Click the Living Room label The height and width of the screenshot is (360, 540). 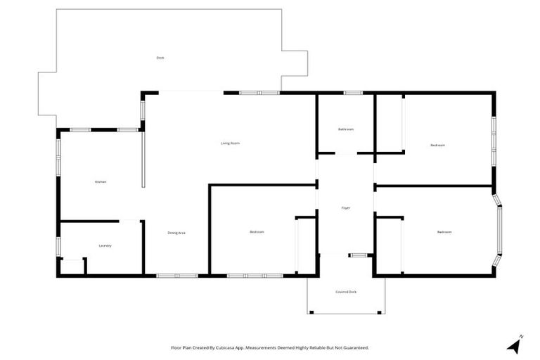coord(231,143)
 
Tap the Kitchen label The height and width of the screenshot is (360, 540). coord(101,182)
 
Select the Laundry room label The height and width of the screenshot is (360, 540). coord(105,245)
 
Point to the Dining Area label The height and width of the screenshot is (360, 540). coord(176,233)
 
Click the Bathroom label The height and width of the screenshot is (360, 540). coord(345,129)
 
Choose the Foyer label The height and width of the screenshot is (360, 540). coord(345,208)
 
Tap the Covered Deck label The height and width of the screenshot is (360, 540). coord(345,291)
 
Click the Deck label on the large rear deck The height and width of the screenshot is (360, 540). coord(160,57)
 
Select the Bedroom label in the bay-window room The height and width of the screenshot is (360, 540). coord(444,232)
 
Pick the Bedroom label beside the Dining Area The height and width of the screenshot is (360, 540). coord(257,232)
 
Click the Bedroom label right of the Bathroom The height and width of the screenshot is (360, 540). coord(437,146)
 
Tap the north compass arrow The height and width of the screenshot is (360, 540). coord(515,345)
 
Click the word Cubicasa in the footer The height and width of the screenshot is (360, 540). coord(225,347)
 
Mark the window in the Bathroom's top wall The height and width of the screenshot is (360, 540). coord(353,93)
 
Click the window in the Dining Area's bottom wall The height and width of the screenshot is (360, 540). coord(177,275)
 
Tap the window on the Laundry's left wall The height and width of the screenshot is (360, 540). coord(58,247)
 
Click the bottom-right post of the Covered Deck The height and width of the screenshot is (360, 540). coord(380,312)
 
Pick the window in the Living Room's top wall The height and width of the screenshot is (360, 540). coord(259,93)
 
